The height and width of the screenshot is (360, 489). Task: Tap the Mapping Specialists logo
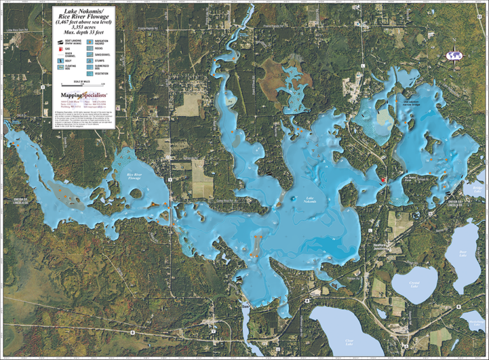(x=80, y=94)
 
